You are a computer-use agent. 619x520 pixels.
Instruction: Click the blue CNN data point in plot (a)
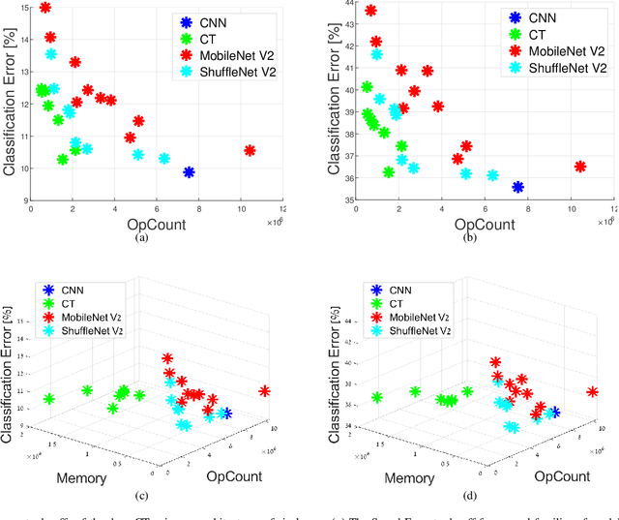(190, 172)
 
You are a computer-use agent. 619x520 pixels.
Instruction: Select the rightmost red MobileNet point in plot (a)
(250, 150)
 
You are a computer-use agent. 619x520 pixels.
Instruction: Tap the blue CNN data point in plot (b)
(518, 187)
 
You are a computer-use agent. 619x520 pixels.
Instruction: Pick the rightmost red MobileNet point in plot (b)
(580, 167)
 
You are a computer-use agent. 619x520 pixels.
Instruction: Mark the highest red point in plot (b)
(371, 11)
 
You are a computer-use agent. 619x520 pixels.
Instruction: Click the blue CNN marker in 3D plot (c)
(226, 413)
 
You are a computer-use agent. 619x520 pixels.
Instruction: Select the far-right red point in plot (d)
(593, 391)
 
